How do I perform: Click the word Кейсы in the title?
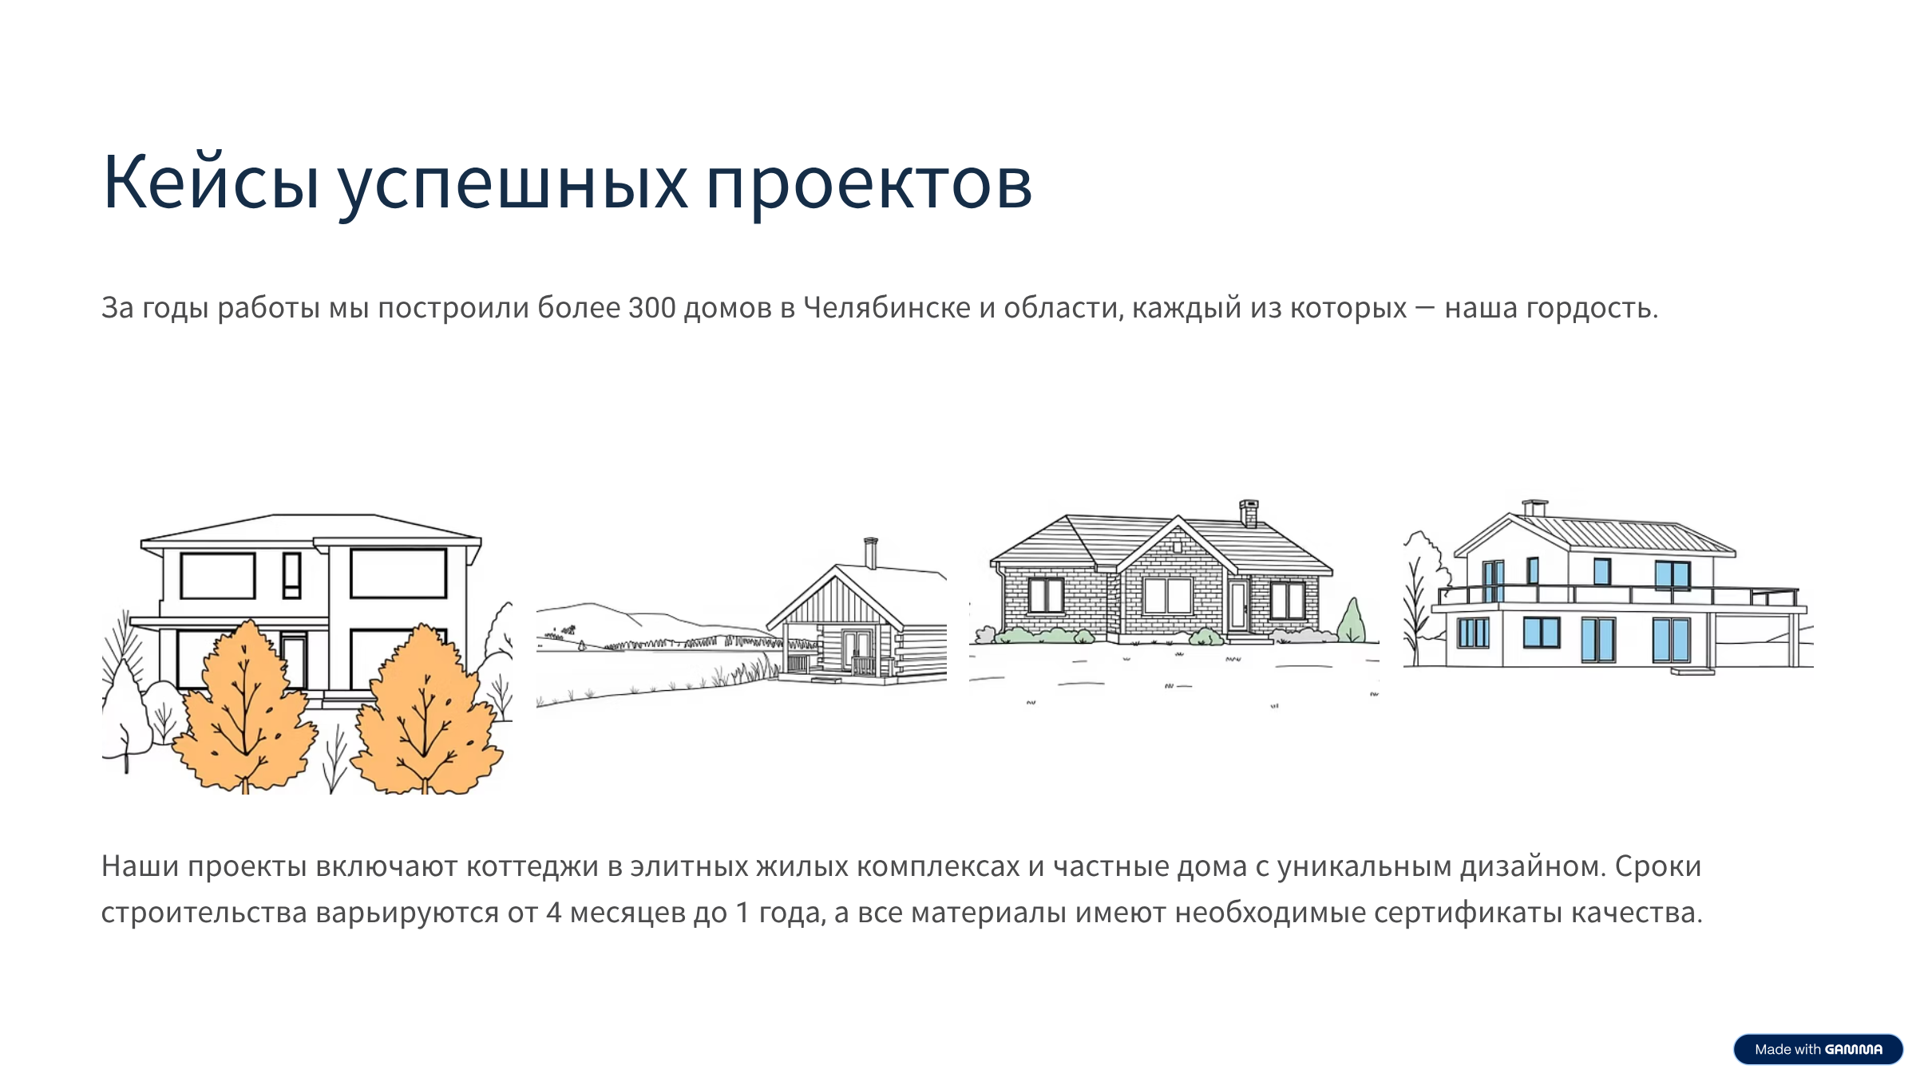click(x=211, y=183)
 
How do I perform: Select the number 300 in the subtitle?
click(x=651, y=308)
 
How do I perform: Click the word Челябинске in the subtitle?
click(x=886, y=308)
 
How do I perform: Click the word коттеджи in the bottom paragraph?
click(x=532, y=866)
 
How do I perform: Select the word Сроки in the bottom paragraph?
click(x=1658, y=866)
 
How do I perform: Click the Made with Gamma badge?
click(x=1818, y=1049)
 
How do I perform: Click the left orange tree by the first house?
click(x=244, y=710)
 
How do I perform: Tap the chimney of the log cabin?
click(x=871, y=552)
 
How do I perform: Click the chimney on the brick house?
click(x=1249, y=513)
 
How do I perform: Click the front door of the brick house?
click(x=1237, y=606)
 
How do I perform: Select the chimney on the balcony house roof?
click(x=1534, y=508)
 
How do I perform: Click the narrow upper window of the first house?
click(x=292, y=574)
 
